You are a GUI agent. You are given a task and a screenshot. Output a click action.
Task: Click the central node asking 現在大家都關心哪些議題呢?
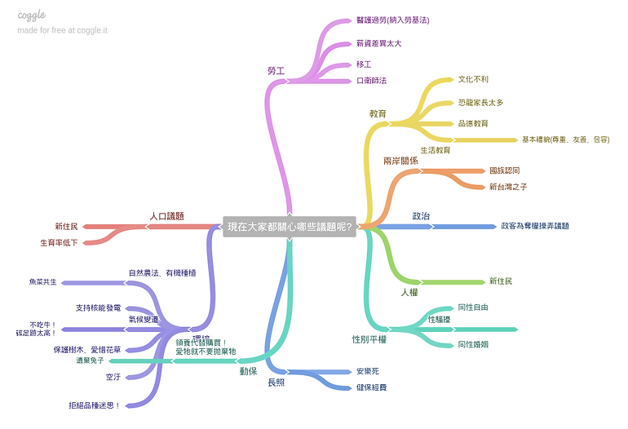[x=290, y=227]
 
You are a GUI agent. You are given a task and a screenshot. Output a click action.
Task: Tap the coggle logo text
[x=32, y=15]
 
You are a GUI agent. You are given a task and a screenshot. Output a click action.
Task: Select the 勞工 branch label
[x=276, y=71]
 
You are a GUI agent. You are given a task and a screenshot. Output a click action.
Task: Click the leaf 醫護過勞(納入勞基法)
[x=392, y=20]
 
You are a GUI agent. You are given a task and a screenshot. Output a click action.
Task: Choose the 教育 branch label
[x=378, y=113]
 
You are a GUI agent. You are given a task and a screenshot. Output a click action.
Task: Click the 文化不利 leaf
[x=473, y=80]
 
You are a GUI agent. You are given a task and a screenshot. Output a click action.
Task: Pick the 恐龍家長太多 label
[x=480, y=103]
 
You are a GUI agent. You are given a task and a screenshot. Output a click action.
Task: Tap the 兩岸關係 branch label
[x=400, y=161]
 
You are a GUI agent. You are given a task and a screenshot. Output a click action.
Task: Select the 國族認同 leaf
[x=504, y=170]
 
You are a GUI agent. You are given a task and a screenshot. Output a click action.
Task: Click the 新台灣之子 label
[x=508, y=187]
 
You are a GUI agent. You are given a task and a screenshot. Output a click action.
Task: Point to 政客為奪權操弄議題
[x=535, y=226]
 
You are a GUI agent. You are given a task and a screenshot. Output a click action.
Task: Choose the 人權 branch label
[x=409, y=291]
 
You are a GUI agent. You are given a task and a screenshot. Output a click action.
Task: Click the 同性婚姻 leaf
[x=473, y=344]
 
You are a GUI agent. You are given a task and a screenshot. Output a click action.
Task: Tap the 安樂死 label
[x=368, y=371]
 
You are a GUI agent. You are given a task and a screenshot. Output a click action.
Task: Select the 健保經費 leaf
[x=371, y=387]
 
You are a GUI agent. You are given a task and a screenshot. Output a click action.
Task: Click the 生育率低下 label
[x=60, y=242]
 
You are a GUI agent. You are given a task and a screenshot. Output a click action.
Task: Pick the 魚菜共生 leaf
[x=43, y=282]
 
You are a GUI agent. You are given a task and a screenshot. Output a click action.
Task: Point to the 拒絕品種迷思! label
[x=95, y=405]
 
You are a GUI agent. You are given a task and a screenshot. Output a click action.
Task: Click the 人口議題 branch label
[x=166, y=216]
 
